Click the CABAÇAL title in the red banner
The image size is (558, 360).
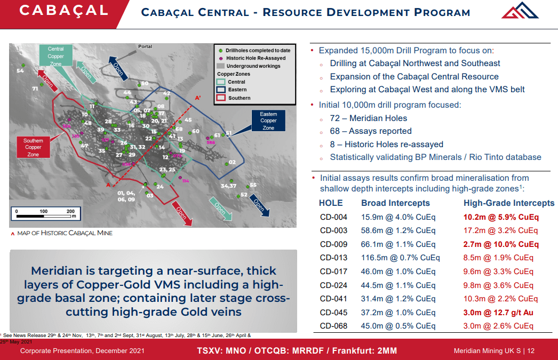pyautogui.click(x=63, y=11)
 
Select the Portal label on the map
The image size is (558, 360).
pyautogui.click(x=145, y=47)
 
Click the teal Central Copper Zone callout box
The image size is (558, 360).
pyautogui.click(x=55, y=56)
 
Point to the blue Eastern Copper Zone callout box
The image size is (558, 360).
pyautogui.click(x=268, y=121)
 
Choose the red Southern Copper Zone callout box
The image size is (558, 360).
pyautogui.click(x=33, y=148)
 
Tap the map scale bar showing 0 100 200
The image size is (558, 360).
pyautogui.click(x=45, y=214)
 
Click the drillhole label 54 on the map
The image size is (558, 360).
pyautogui.click(x=20, y=71)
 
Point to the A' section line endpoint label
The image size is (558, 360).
pyautogui.click(x=198, y=98)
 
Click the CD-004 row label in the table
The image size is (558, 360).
pyautogui.click(x=333, y=217)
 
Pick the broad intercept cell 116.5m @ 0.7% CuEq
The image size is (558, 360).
pyautogui.click(x=400, y=258)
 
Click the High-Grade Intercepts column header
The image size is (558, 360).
pyautogui.click(x=509, y=203)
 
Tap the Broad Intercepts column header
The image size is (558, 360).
pyautogui.click(x=395, y=203)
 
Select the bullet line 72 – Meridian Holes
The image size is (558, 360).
pyautogui.click(x=368, y=118)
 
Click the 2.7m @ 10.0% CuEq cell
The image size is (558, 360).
pyautogui.click(x=501, y=244)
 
